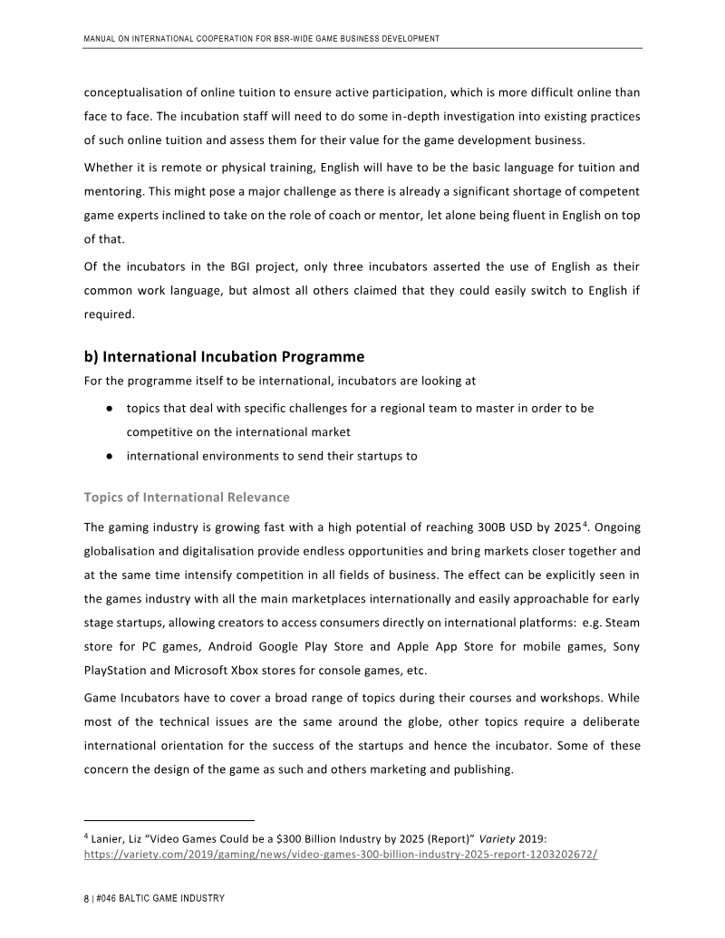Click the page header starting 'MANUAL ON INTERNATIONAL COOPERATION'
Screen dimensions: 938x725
(x=261, y=39)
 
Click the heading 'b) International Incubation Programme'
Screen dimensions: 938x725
(x=224, y=354)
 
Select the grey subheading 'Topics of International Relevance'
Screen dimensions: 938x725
(x=187, y=497)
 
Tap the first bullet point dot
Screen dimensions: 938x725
(x=108, y=409)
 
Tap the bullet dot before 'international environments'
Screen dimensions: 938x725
(x=108, y=456)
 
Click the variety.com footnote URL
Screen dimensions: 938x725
(x=340, y=854)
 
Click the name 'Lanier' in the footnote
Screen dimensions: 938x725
(x=109, y=837)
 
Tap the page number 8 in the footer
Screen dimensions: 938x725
(x=86, y=897)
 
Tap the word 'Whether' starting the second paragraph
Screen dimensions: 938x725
(x=109, y=168)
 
